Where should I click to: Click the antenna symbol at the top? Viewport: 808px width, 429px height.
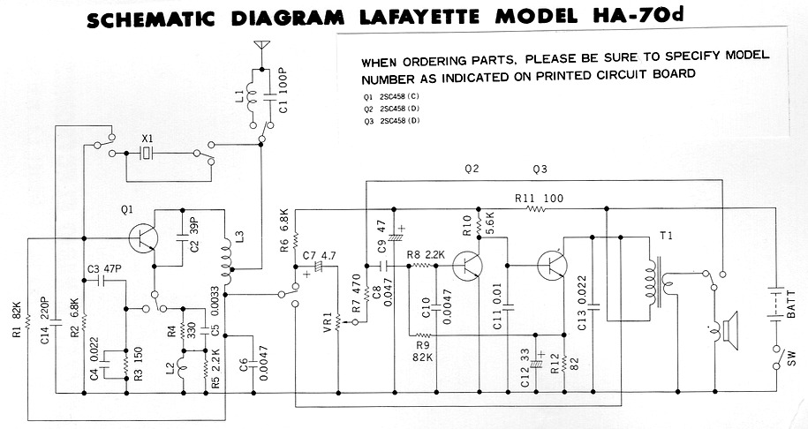click(x=261, y=44)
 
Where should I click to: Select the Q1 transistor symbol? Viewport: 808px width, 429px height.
click(x=141, y=237)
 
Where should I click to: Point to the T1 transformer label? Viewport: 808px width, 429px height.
click(x=665, y=237)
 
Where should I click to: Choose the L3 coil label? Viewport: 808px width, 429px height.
click(x=239, y=238)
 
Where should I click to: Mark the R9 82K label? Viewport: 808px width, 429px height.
click(x=425, y=351)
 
